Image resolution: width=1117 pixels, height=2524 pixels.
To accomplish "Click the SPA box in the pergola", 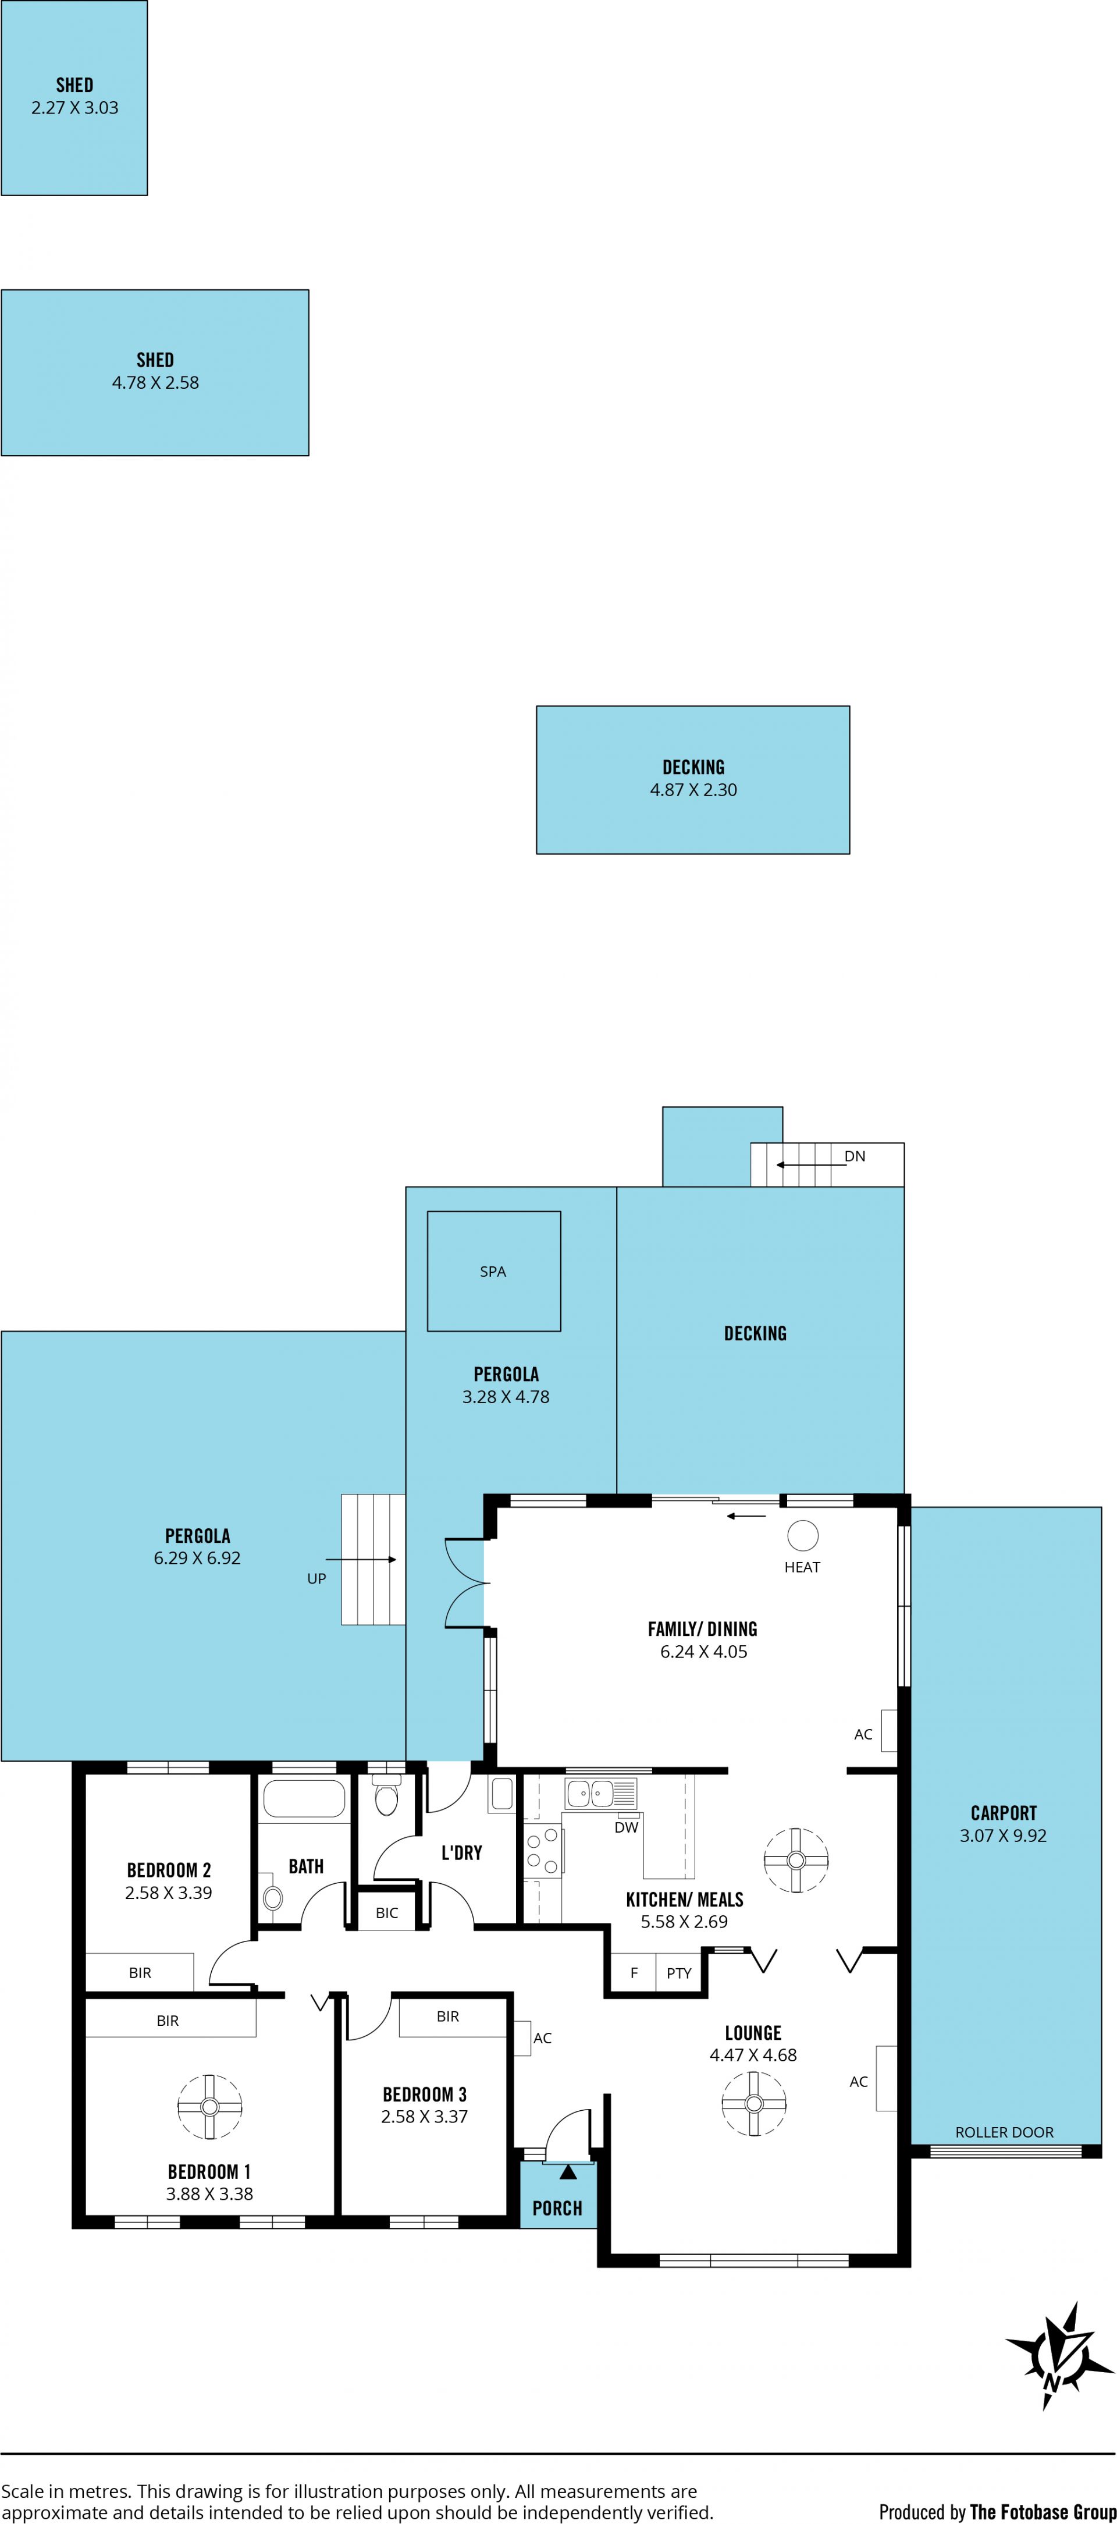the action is click(x=494, y=1271).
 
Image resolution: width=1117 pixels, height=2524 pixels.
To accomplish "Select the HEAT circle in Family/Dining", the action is click(x=802, y=1535).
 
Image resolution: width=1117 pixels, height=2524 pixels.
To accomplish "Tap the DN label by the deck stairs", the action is click(x=855, y=1156).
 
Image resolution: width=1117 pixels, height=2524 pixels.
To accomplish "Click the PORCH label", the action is click(x=557, y=2209).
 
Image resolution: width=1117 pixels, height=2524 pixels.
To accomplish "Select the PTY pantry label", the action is click(x=679, y=1973).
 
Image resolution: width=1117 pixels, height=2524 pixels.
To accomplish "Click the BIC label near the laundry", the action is click(x=387, y=1912).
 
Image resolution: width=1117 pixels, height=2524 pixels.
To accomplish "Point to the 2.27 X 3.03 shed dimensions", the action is click(x=74, y=108).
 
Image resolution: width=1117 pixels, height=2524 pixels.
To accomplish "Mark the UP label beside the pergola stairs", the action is click(x=316, y=1578).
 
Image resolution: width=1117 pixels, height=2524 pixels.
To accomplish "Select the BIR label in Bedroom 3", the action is click(x=448, y=2017).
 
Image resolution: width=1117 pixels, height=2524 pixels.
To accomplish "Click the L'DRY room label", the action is click(x=461, y=1853).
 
